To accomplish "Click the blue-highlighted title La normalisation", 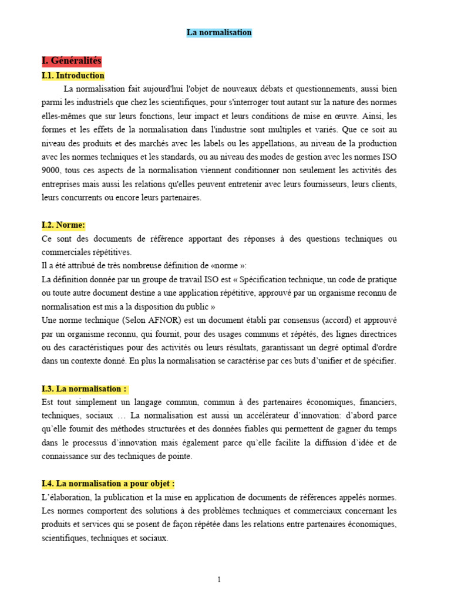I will pyautogui.click(x=219, y=33).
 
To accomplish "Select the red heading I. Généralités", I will pyautogui.click(x=72, y=61).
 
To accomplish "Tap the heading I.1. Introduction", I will pyautogui.click(x=73, y=76).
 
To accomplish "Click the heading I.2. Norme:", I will pyautogui.click(x=63, y=225).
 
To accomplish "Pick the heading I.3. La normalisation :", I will pyautogui.click(x=84, y=389).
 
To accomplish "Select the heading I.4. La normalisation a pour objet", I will pyautogui.click(x=108, y=484).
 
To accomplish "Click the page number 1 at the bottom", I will pyautogui.click(x=219, y=580).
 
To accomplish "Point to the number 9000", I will pyautogui.click(x=51, y=170).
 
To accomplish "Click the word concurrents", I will pyautogui.click(x=81, y=198).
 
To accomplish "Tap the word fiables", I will pyautogui.click(x=265, y=429).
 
